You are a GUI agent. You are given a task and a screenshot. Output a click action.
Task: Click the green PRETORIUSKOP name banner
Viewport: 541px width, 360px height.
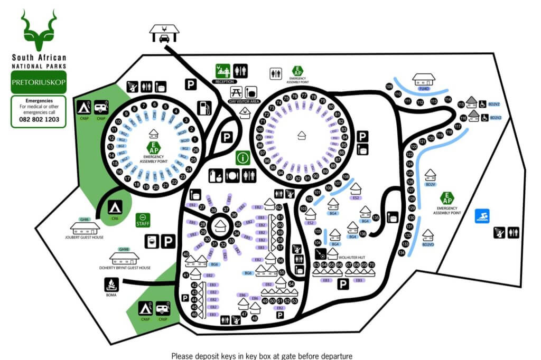click(38, 83)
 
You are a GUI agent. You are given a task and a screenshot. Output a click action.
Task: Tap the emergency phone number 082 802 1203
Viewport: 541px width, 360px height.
click(38, 120)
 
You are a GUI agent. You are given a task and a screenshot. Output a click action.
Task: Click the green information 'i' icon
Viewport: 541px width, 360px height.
click(243, 157)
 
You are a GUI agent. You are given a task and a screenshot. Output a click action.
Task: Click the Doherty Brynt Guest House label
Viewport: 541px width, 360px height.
click(125, 268)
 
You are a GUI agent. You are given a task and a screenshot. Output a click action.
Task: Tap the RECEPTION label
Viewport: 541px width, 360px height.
click(225, 82)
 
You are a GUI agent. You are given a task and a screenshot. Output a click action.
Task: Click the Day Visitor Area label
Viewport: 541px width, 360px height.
click(245, 101)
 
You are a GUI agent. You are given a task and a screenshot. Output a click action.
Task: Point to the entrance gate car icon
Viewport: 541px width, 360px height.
click(165, 34)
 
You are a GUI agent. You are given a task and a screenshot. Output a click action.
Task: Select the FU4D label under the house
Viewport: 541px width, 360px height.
click(423, 89)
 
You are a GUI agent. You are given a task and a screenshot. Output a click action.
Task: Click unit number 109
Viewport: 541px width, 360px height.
click(389, 86)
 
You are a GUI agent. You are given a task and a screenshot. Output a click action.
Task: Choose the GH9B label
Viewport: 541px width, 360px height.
click(124, 249)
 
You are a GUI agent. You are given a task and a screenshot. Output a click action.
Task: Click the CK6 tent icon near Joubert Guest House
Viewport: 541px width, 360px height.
click(115, 207)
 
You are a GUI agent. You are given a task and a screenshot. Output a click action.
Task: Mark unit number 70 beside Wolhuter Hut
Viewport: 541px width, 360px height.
click(371, 264)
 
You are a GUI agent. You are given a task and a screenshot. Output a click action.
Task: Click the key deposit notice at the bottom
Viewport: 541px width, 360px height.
click(262, 355)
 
